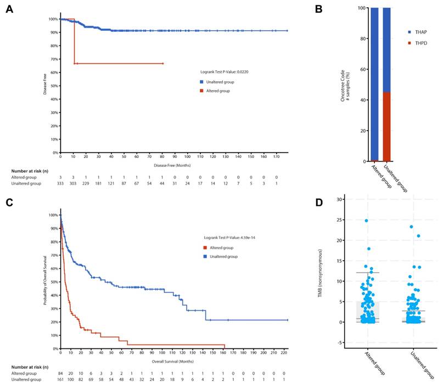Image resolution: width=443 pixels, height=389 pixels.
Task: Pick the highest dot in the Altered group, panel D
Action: click(x=366, y=221)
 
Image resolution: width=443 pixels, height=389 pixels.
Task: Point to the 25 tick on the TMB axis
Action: click(x=342, y=220)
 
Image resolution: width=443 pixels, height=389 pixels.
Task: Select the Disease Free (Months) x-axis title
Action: click(x=172, y=164)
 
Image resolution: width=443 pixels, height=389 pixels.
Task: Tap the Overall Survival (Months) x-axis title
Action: click(x=172, y=362)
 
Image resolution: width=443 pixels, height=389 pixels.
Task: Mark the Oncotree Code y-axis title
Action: click(x=343, y=85)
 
